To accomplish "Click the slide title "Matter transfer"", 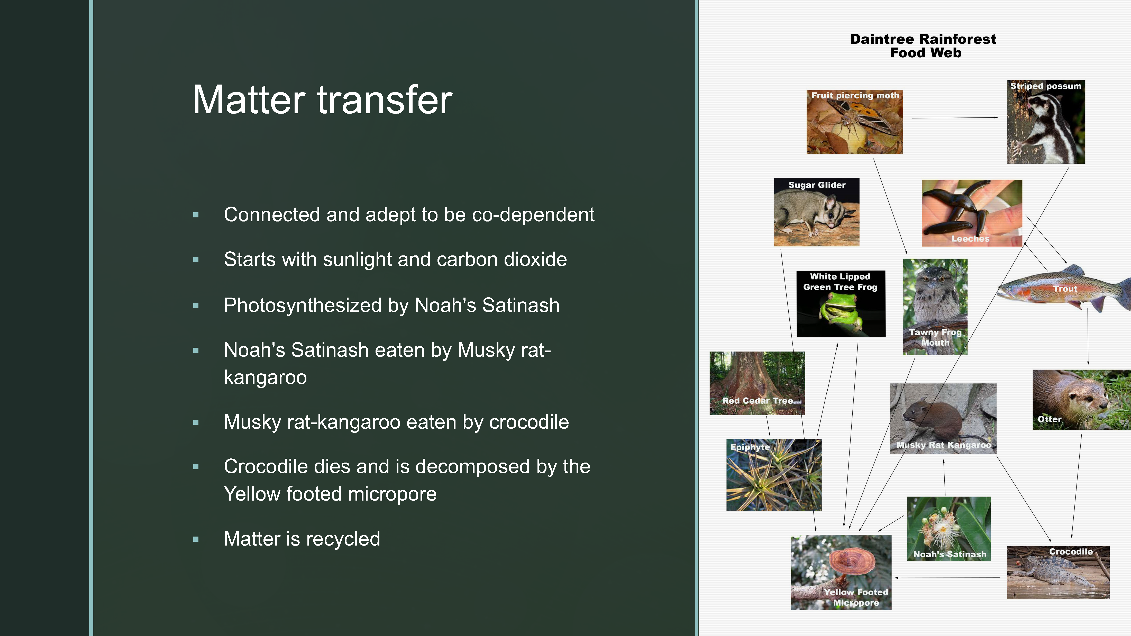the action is (323, 100).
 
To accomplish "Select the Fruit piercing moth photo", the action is (854, 122).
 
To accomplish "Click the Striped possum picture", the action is (1046, 122).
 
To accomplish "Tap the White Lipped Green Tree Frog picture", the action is (841, 304).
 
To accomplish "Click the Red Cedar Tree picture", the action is (757, 383).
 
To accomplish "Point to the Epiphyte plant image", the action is (774, 475).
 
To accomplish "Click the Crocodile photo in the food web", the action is (1058, 572).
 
